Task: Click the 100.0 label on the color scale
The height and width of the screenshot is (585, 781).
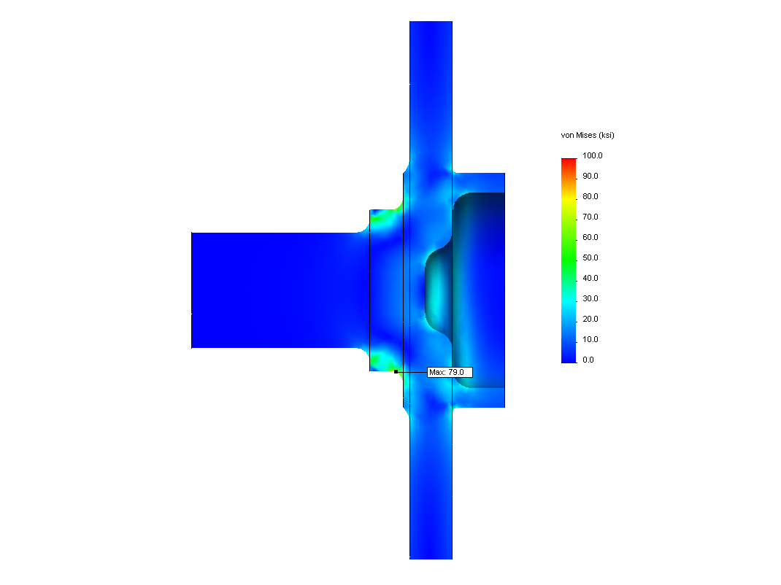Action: (592, 155)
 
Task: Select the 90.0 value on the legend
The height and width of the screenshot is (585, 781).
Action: (590, 176)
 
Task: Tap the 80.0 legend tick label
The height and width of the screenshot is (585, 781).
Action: (590, 196)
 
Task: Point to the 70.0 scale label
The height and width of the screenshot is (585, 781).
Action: (590, 217)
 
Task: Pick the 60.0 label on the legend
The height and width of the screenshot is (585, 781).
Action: (590, 237)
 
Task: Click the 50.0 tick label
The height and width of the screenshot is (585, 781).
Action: (590, 257)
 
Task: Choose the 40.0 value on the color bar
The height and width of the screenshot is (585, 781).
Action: (590, 278)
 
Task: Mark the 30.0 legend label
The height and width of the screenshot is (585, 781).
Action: (590, 298)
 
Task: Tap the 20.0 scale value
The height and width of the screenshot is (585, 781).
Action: (590, 319)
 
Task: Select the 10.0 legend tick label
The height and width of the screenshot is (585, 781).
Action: (590, 339)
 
